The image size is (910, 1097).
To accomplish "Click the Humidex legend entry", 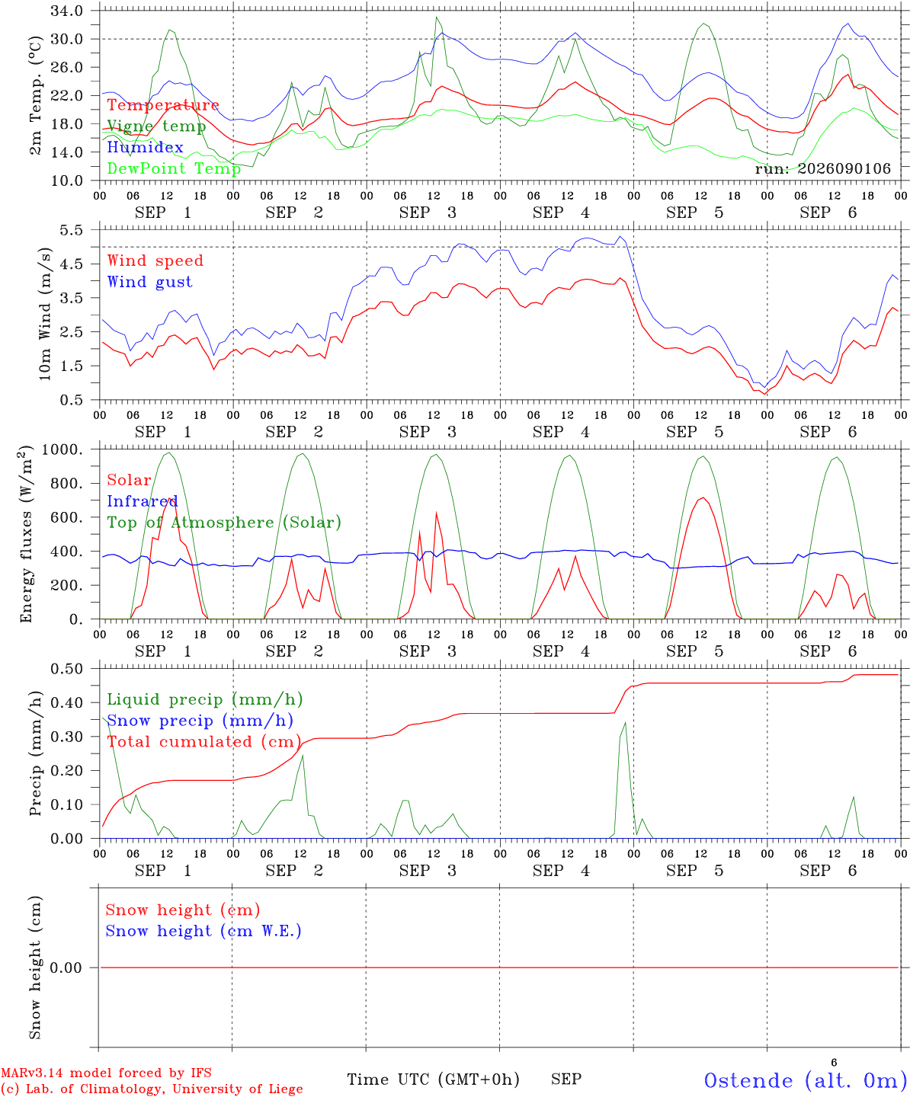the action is point(145,147).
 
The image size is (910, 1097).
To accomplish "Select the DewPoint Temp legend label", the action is point(174,168).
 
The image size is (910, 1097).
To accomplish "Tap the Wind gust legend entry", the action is point(150,282).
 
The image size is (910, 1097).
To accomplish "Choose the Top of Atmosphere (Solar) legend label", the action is point(225,523).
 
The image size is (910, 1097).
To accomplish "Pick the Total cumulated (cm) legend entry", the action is point(204,742).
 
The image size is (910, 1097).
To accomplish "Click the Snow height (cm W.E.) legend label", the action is point(203,931).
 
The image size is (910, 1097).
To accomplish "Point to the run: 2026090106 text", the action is point(822,168).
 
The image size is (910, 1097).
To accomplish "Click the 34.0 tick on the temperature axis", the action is point(67,11).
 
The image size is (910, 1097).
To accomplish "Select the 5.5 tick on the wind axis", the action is point(72,230).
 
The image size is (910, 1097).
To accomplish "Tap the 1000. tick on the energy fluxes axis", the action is point(62,449).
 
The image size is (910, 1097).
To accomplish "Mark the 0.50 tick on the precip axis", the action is point(67,669).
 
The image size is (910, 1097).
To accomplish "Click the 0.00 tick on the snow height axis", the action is point(66,967).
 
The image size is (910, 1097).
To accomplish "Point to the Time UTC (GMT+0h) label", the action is point(433,1079).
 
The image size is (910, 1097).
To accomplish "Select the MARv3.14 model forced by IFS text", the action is point(106,1073).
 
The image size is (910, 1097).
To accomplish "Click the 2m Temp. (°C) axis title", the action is point(35,96).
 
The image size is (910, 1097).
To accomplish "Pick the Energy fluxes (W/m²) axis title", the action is point(26,534).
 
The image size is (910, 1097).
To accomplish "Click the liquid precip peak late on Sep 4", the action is point(625,722).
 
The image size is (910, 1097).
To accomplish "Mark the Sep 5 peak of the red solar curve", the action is point(703,497).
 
